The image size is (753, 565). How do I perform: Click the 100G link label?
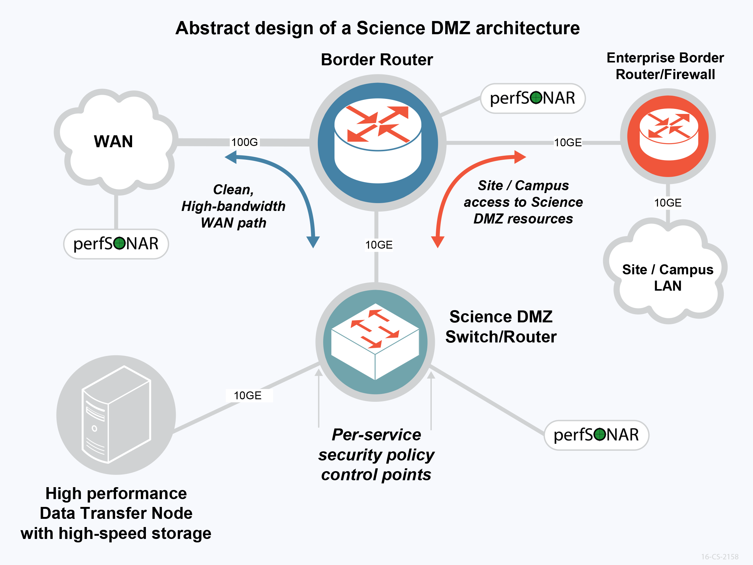(x=244, y=142)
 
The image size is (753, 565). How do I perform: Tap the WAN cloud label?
(x=113, y=141)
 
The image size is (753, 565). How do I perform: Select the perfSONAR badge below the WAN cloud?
(x=116, y=244)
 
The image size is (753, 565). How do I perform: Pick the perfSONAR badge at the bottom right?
(x=596, y=435)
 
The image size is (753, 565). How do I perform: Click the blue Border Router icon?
(x=377, y=143)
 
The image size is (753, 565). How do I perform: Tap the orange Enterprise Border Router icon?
(x=668, y=136)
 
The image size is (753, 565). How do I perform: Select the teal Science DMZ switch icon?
(x=375, y=342)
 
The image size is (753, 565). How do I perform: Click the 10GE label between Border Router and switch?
(x=379, y=245)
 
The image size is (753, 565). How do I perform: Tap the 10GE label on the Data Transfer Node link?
(x=248, y=395)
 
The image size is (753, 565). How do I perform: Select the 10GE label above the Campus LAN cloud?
(x=668, y=203)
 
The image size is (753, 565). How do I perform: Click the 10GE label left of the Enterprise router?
(x=568, y=143)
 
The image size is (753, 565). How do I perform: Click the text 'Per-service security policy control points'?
(x=376, y=454)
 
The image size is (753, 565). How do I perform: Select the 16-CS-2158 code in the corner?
(x=719, y=557)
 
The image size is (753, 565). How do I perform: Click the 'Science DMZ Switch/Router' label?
(x=501, y=327)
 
